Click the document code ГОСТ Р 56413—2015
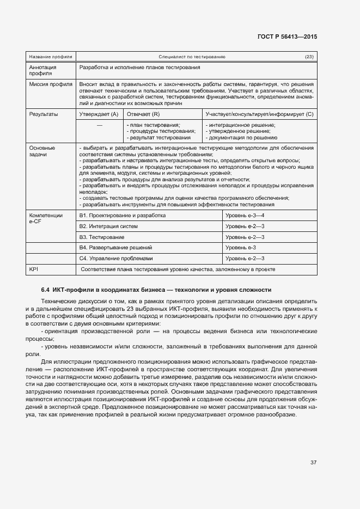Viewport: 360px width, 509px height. [x=287, y=36]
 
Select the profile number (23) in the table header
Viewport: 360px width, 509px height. [x=309, y=57]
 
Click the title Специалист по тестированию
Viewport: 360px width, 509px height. [x=192, y=57]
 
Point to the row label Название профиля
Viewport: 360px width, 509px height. [x=47, y=57]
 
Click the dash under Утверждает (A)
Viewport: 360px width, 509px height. [x=99, y=125]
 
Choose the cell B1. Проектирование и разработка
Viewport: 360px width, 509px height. [x=122, y=216]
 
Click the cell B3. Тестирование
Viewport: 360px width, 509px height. [x=102, y=237]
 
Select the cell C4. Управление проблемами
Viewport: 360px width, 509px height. [x=116, y=258]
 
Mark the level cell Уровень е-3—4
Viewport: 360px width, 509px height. [x=245, y=216]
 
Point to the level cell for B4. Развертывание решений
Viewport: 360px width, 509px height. [x=241, y=248]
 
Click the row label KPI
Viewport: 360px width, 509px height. [x=34, y=269]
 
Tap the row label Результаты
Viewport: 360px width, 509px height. [x=44, y=114]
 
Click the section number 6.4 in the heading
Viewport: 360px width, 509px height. [x=46, y=290]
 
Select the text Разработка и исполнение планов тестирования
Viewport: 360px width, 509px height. [x=139, y=68]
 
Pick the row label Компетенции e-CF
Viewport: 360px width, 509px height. [x=46, y=219]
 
